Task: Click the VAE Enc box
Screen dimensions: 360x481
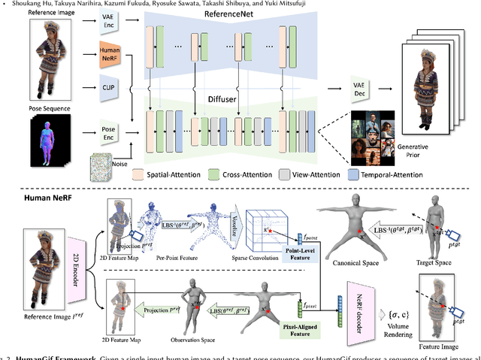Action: coord(110,29)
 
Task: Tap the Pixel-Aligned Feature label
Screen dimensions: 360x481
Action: coord(290,323)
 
